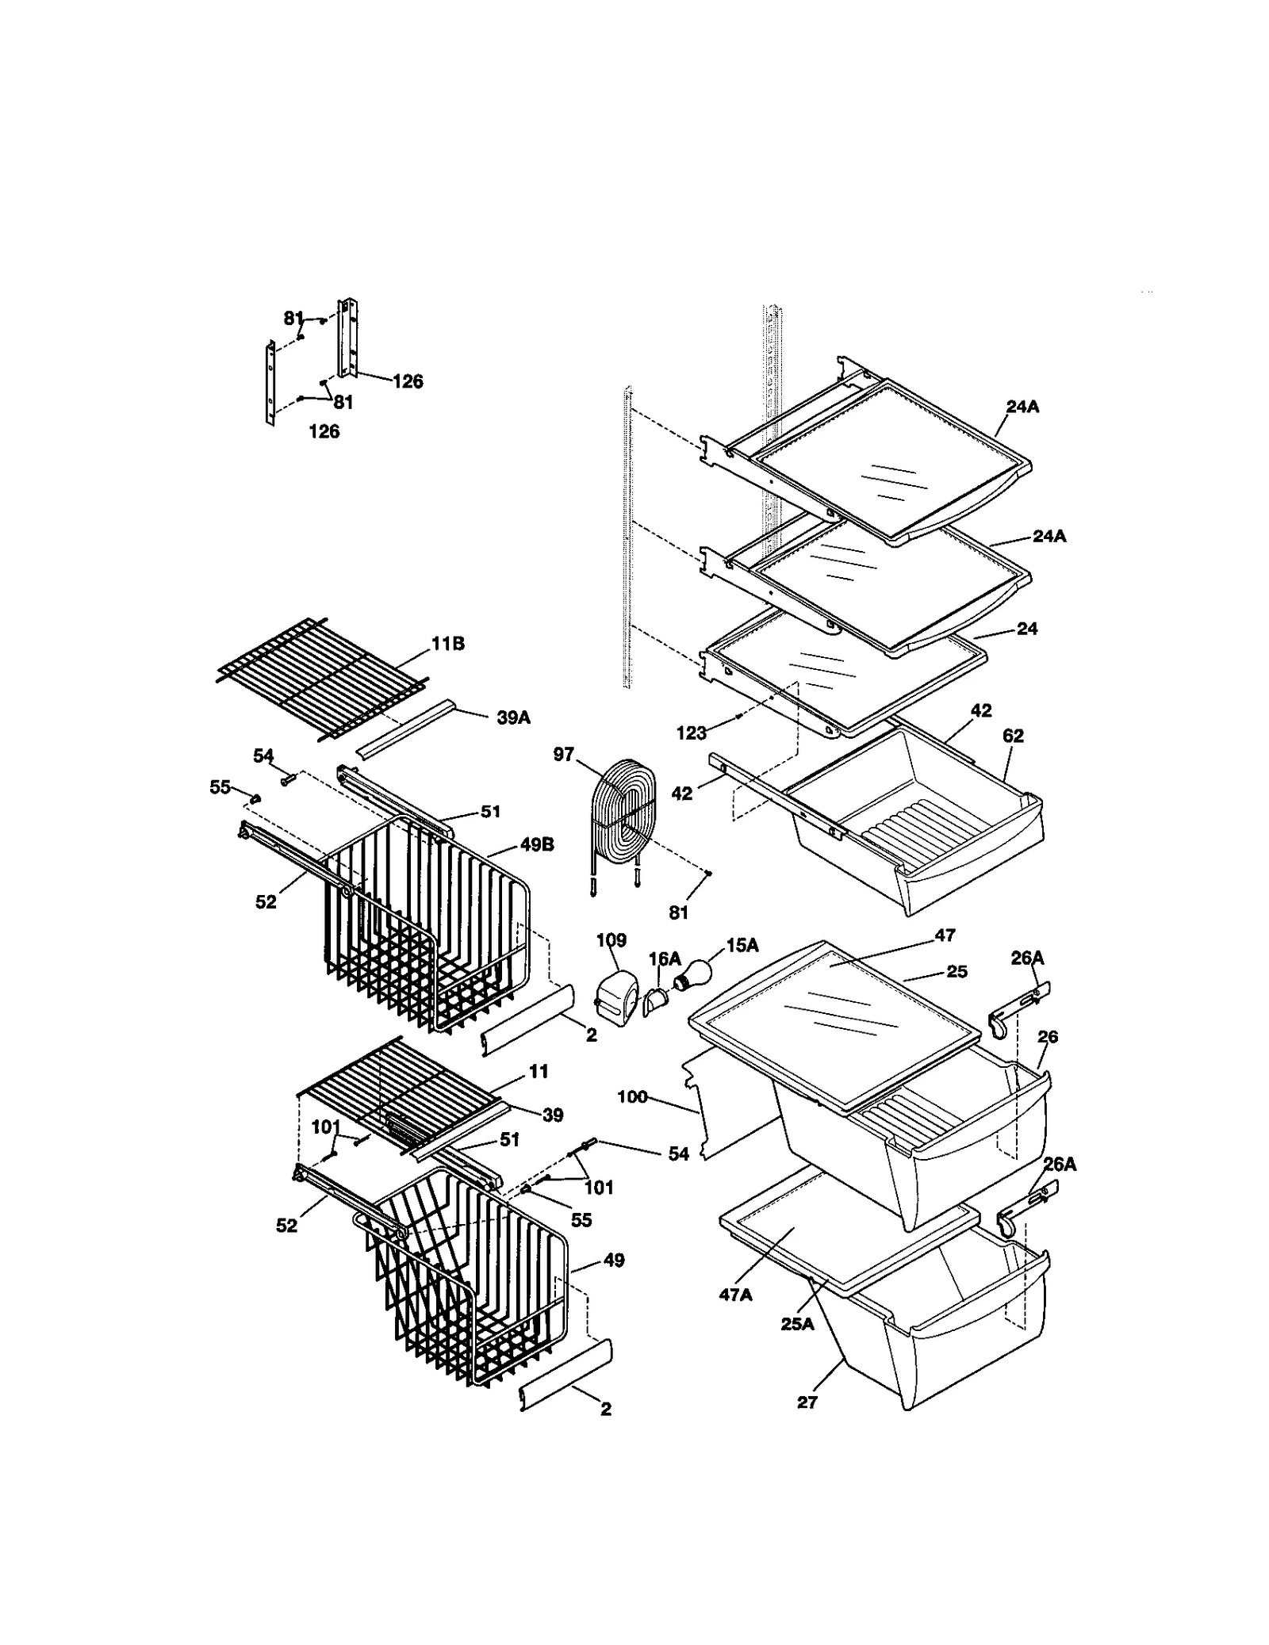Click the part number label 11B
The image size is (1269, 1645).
448,644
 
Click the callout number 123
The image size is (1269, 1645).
691,733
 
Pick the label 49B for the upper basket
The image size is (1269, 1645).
537,845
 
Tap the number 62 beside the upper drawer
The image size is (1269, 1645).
1013,736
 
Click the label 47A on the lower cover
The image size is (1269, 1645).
734,1295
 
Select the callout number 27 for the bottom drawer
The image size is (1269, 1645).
807,1402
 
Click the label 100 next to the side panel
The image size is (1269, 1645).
632,1097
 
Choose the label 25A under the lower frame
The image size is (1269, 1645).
797,1323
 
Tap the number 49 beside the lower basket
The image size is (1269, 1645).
613,1260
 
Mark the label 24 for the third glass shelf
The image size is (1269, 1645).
1027,629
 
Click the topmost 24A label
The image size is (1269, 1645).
1023,407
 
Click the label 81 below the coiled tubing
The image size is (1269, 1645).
678,912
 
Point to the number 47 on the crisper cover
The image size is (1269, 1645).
945,935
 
